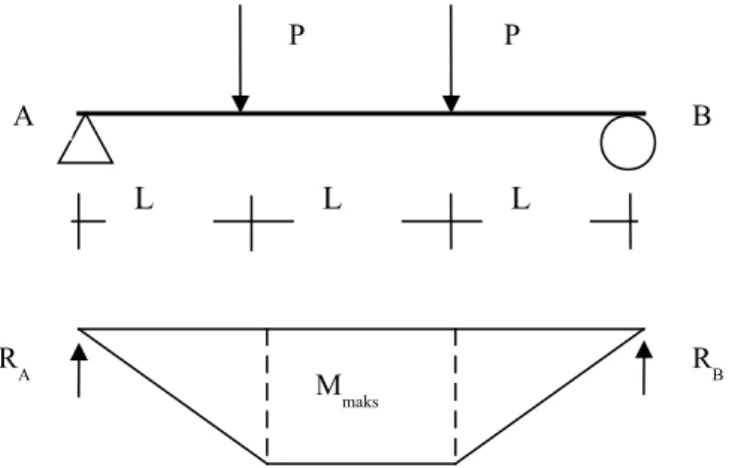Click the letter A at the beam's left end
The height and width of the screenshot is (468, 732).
tap(24, 117)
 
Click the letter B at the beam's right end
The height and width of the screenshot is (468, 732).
tap(702, 117)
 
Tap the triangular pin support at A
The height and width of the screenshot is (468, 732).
tap(86, 139)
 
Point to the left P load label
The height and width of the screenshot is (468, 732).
tap(297, 35)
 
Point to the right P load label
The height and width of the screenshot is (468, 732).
tap(513, 35)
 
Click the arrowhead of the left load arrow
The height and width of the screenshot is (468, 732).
tap(240, 104)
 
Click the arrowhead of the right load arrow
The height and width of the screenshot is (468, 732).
tap(451, 104)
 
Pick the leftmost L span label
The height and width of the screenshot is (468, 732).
tap(145, 200)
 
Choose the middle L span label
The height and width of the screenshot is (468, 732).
tap(332, 200)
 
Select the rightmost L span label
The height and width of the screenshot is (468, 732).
tap(521, 200)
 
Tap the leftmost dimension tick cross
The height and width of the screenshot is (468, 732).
tap(79, 221)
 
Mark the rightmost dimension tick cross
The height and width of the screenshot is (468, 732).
tap(630, 221)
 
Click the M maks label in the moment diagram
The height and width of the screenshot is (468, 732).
tap(347, 391)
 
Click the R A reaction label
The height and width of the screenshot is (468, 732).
tap(15, 365)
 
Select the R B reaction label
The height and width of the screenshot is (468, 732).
tap(708, 365)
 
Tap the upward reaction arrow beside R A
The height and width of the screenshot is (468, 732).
tap(79, 370)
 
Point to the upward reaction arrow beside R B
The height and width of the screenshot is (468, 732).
tap(644, 368)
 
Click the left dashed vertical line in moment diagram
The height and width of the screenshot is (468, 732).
tap(267, 396)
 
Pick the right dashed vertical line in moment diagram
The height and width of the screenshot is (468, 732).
tap(455, 396)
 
